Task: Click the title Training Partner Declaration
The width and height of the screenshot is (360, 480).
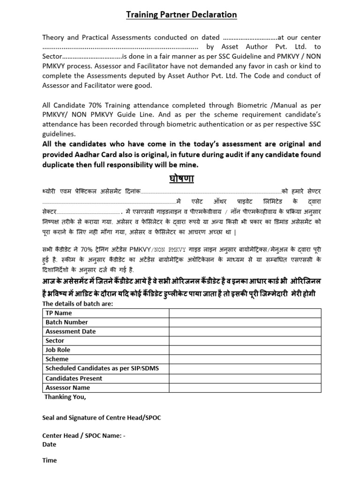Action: coord(181,15)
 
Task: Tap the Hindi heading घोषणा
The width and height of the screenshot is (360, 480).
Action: coord(181,179)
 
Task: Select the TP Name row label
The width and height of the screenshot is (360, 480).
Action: coord(59,313)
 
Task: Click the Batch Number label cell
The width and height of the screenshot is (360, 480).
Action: coord(67,322)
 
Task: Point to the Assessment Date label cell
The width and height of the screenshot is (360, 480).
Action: coord(70,331)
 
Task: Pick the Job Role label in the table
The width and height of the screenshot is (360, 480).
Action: coord(58,350)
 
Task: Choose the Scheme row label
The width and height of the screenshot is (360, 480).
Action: coord(57,360)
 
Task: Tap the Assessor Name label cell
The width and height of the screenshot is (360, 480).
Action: coord(67,388)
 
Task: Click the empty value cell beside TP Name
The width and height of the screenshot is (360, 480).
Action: coord(245,313)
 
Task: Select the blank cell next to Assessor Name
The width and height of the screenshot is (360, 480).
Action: coord(245,388)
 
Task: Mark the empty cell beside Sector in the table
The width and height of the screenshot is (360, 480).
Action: coord(245,341)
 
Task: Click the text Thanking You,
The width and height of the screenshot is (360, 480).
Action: coord(65,397)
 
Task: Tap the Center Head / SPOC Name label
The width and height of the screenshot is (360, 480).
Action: coord(83,435)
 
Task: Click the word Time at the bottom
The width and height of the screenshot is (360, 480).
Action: coord(49,460)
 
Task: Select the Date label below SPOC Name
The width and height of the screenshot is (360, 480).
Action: coord(49,444)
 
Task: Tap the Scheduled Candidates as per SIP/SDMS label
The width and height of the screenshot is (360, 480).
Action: coord(102,368)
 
